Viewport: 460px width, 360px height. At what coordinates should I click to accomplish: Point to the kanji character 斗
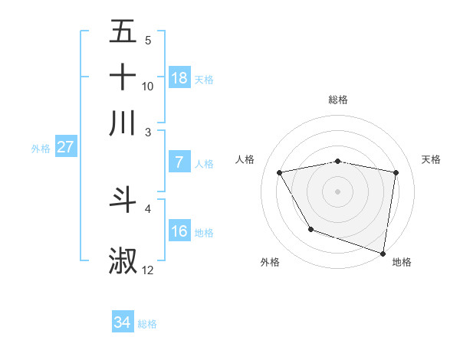click(123, 199)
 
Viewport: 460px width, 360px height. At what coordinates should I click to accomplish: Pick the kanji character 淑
click(123, 261)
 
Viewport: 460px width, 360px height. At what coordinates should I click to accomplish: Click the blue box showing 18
click(179, 78)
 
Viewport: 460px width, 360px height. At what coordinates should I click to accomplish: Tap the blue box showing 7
click(179, 162)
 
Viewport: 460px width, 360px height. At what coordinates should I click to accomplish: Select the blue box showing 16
click(179, 231)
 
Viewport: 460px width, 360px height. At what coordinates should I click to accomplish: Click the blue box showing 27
click(65, 147)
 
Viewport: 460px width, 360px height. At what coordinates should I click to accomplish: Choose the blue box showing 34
click(123, 322)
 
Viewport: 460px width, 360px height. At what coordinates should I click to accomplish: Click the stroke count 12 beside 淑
click(148, 270)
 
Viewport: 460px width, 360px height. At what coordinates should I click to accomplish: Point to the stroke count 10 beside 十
click(148, 87)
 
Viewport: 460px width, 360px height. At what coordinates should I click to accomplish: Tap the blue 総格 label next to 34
click(147, 324)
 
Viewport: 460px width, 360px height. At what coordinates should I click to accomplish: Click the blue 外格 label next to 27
click(41, 149)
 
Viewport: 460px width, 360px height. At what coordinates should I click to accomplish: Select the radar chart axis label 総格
click(338, 100)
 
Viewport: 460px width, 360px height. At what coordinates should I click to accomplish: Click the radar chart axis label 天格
click(431, 159)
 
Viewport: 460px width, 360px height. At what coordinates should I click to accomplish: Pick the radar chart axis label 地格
click(402, 263)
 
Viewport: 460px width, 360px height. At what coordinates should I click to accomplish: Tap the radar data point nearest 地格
click(383, 252)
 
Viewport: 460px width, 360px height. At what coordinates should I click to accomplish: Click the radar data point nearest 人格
click(280, 172)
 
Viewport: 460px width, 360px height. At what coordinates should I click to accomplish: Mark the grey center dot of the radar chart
click(338, 191)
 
